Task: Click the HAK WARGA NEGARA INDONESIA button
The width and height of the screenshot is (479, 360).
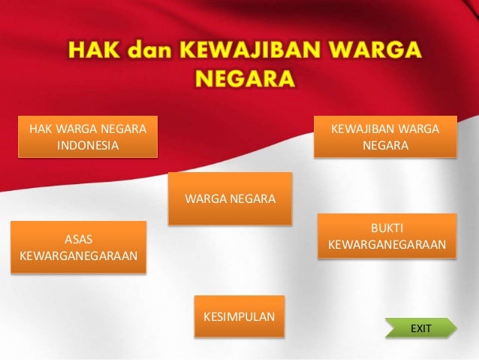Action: [x=87, y=136]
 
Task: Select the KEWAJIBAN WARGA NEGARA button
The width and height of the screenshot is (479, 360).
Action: [x=385, y=136]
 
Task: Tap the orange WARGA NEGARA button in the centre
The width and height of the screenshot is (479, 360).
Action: [x=230, y=199]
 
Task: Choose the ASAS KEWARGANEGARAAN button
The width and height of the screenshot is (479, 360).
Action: [x=79, y=247]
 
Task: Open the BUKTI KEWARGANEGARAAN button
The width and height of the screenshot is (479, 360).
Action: [x=387, y=236]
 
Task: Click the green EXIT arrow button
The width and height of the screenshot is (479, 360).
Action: [x=420, y=328]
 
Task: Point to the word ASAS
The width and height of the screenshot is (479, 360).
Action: [x=79, y=239]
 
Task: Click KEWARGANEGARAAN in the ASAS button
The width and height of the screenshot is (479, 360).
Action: [x=79, y=256]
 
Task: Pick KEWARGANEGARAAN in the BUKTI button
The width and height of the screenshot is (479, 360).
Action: [x=387, y=245]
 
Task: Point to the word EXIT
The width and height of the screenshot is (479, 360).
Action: [x=421, y=328]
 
